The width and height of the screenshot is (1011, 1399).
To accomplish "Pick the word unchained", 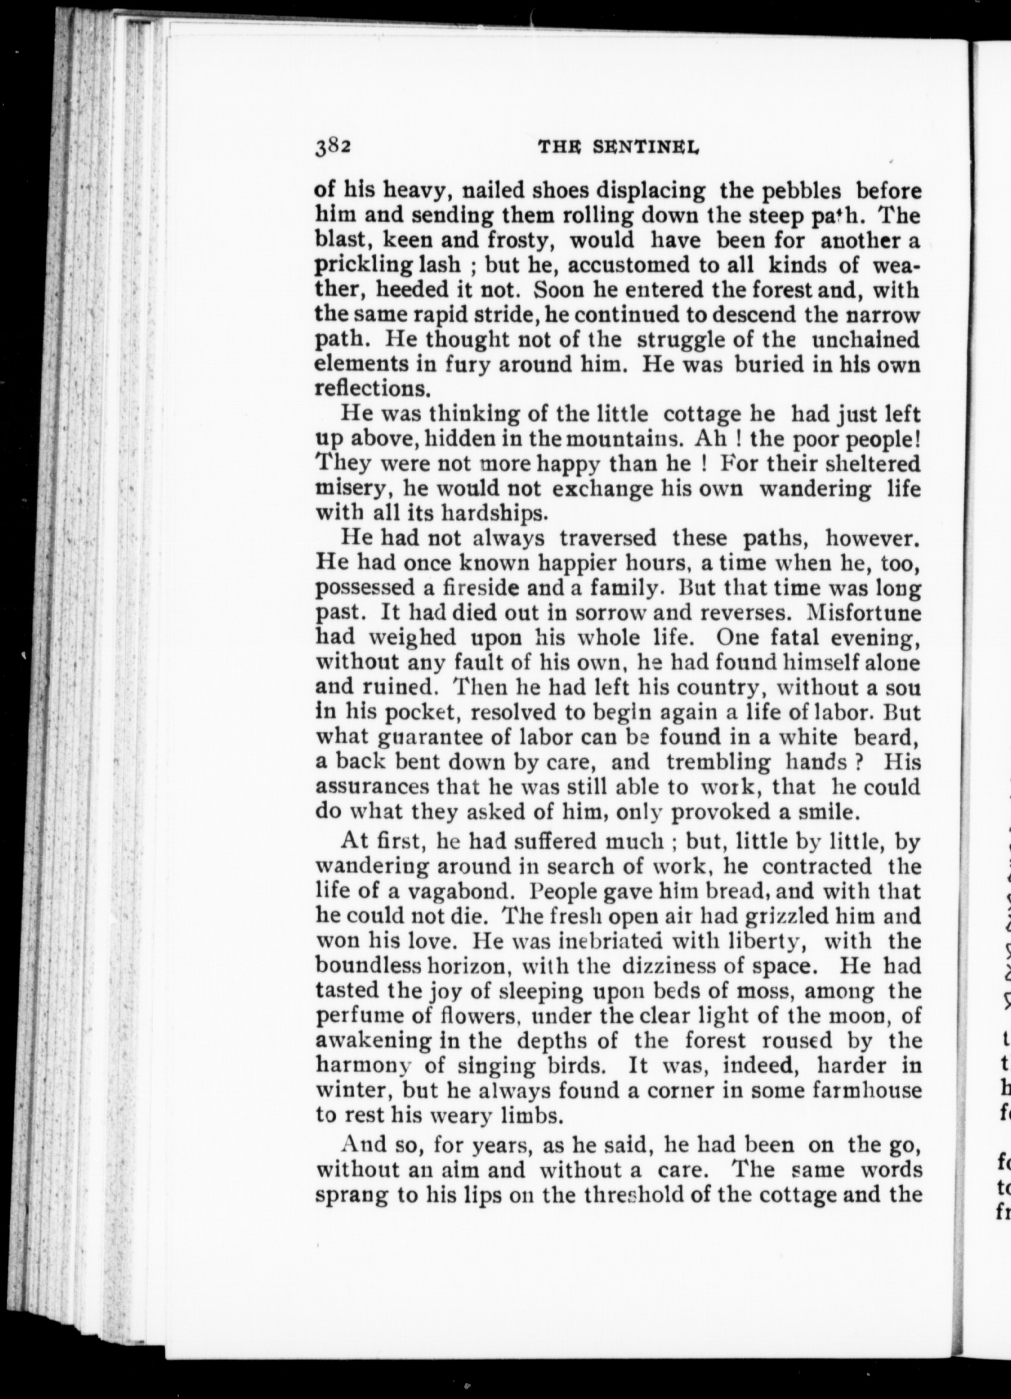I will click(x=865, y=340).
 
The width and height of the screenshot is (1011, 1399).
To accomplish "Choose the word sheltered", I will click(x=873, y=464).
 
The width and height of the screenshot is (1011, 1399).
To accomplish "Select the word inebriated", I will click(x=610, y=941).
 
